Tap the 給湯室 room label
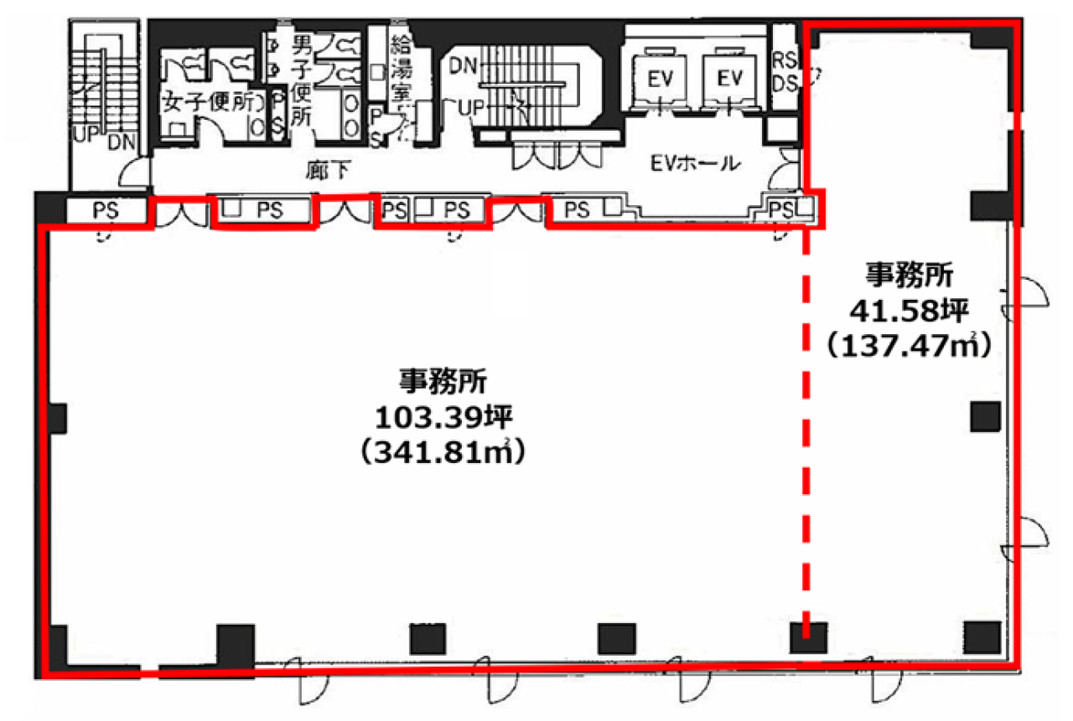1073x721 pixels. [x=401, y=67]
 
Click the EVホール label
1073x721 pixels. [x=698, y=162]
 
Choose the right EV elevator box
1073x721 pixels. [x=731, y=78]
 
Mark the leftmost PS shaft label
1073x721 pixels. [x=106, y=211]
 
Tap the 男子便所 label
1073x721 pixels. [x=301, y=80]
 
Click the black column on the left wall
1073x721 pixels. [x=57, y=417]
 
